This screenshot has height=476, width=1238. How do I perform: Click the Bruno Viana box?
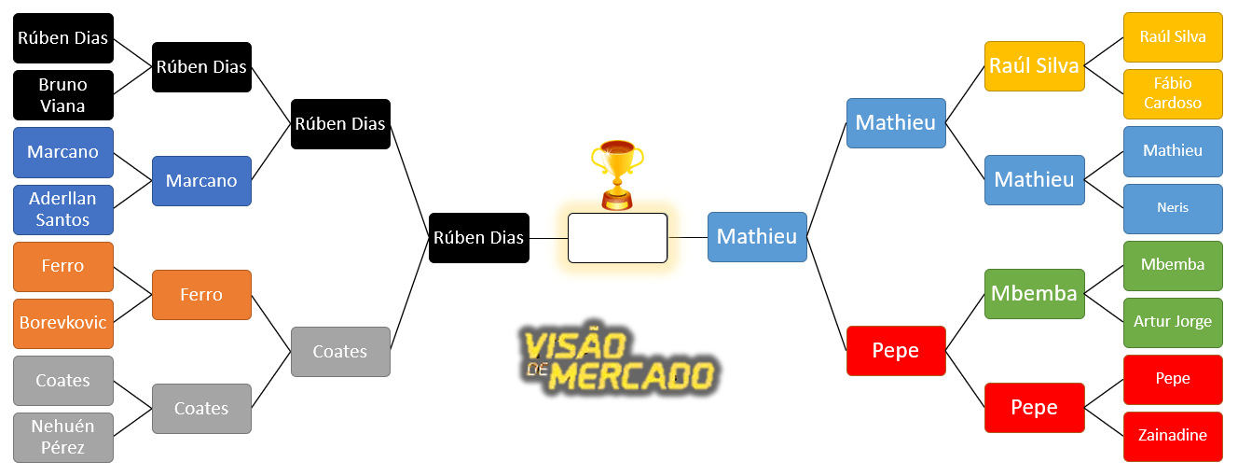coord(63,95)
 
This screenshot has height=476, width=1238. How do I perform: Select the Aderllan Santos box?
coord(63,209)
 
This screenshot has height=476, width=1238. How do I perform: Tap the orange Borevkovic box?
coord(63,323)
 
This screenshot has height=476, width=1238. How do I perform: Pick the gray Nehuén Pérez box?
coord(63,437)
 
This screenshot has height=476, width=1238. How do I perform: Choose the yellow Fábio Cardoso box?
coord(1173,93)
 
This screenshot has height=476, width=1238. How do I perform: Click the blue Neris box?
coord(1173,208)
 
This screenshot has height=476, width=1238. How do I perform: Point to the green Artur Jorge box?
coord(1173,322)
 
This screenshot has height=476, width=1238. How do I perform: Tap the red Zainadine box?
coord(1173,436)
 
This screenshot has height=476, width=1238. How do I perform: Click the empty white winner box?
coord(617,238)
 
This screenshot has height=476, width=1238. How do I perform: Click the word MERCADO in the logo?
coord(634,376)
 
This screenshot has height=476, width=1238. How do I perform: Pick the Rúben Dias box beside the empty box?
coord(479,238)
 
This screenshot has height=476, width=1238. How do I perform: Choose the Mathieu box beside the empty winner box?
coord(757,237)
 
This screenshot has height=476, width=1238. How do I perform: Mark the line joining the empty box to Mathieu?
coord(688,238)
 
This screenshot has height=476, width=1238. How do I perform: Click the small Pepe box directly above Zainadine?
coord(1173,379)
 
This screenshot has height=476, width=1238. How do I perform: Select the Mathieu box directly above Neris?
coord(1173,151)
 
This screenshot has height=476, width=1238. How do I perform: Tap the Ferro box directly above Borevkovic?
coord(63,266)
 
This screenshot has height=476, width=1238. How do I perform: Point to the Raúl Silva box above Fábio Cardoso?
coord(1173,37)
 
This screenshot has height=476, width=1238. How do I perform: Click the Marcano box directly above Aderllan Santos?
coord(63,152)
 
